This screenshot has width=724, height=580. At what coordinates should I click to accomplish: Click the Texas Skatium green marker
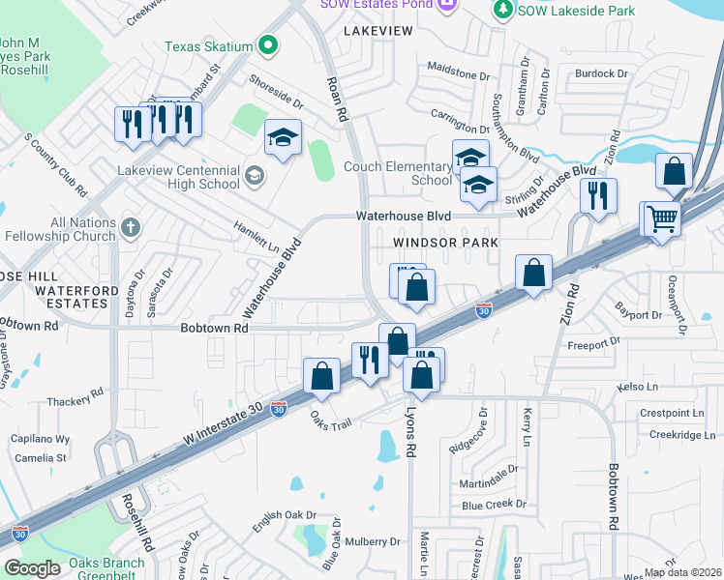pos(268,45)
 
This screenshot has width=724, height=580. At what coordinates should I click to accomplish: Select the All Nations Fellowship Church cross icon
pos(131,227)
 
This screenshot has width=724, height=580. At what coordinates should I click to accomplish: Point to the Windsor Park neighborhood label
pos(446,242)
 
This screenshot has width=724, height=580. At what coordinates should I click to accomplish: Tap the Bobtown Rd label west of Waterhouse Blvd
pos(214,328)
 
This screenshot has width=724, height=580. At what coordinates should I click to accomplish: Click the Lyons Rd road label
pos(412,430)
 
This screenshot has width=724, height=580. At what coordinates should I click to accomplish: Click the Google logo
pos(32,568)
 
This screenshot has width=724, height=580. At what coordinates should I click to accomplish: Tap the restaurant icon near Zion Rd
pos(598,194)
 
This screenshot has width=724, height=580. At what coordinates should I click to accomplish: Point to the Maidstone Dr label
pos(460,74)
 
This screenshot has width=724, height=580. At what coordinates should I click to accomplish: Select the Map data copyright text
pos(682,572)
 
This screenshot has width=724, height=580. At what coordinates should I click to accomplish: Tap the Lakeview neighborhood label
pos(377,31)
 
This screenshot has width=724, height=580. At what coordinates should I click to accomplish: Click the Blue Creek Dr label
pos(494,505)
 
